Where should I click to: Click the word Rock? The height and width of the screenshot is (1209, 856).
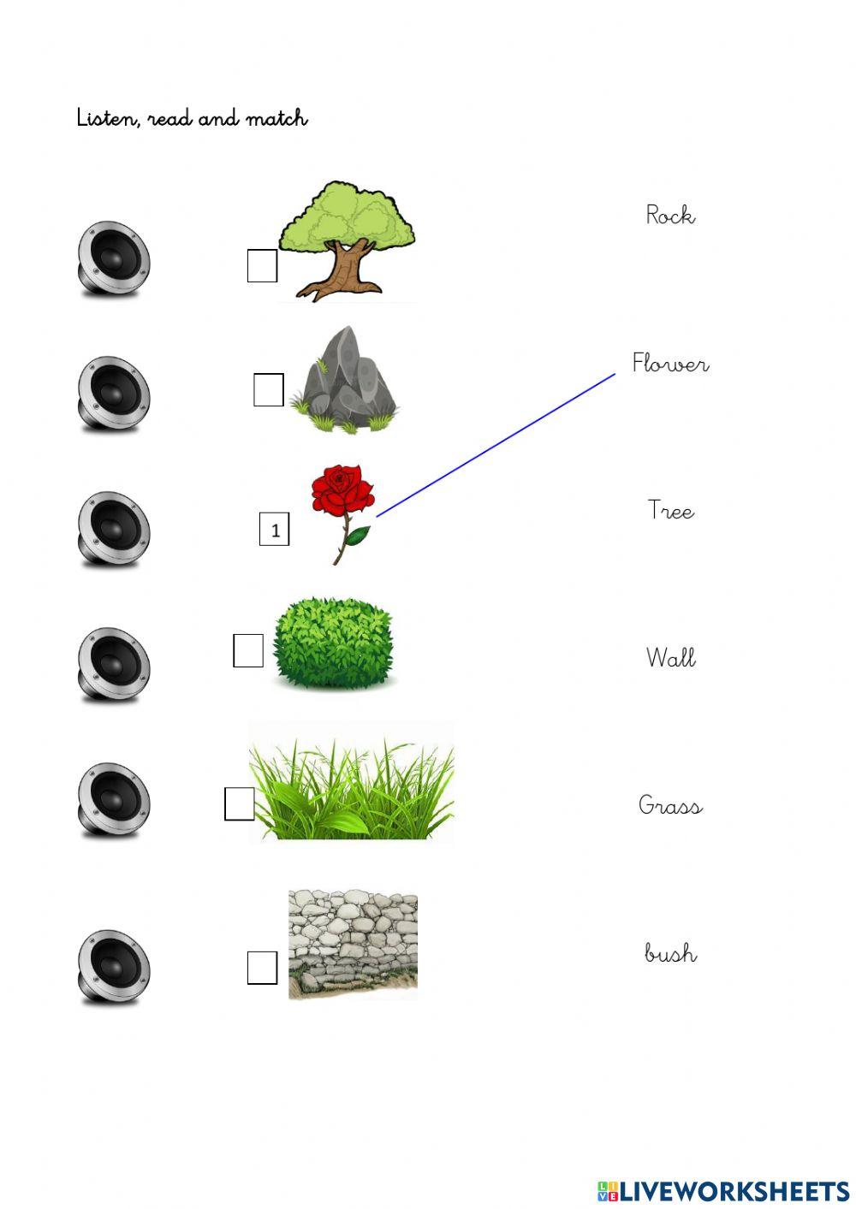coord(670,215)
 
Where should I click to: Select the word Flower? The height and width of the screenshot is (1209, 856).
coord(670,364)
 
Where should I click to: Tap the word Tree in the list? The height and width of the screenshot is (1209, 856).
coord(670,511)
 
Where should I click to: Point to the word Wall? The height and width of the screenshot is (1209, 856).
coord(670,658)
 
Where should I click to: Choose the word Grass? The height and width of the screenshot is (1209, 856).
coord(670,805)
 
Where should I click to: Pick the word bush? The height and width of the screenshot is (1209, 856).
coord(670,952)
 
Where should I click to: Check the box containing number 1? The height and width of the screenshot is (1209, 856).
coord(275,530)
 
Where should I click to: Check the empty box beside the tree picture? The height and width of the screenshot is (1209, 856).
coord(262,265)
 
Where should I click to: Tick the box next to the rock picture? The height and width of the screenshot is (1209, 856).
coord(269,390)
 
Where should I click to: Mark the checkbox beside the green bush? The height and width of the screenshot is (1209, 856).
coord(248,651)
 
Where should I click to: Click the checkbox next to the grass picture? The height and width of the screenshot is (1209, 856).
coord(240,804)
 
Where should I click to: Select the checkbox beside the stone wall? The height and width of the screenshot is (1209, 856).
coord(262,968)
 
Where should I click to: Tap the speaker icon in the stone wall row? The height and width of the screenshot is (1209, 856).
coord(113,967)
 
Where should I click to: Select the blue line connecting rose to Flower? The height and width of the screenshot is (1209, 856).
coord(496,445)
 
